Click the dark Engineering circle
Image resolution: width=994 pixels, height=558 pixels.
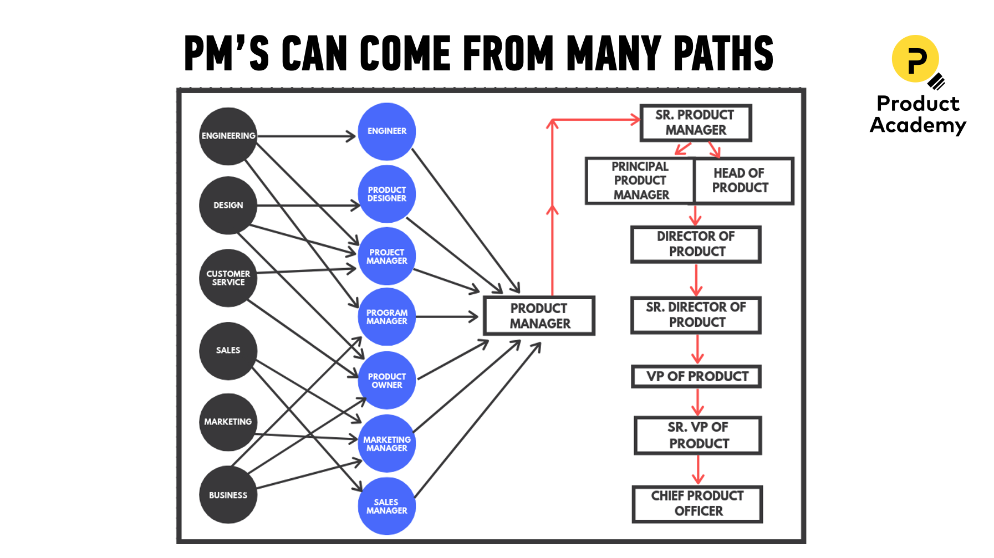(228, 136)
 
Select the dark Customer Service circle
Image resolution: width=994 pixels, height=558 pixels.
(228, 278)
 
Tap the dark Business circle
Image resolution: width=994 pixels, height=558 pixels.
(228, 495)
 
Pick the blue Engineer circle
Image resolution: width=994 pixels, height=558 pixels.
(386, 131)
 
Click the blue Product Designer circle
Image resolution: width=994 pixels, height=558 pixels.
(386, 194)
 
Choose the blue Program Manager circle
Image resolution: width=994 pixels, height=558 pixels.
(386, 317)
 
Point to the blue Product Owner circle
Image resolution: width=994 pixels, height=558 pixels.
(386, 380)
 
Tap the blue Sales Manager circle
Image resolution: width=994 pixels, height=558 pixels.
(386, 506)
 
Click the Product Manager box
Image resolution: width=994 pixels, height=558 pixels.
(539, 316)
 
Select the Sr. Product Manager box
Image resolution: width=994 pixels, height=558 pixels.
(696, 122)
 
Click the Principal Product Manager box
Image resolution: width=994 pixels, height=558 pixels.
(640, 181)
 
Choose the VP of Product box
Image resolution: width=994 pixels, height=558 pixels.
(697, 377)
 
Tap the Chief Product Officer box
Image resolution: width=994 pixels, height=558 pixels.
(697, 504)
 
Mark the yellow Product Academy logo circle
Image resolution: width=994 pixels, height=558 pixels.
(915, 59)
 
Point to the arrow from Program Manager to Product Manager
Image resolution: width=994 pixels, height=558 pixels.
(447, 317)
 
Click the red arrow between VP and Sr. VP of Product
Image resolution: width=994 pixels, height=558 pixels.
(698, 402)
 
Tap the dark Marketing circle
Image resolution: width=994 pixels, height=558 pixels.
(228, 422)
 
